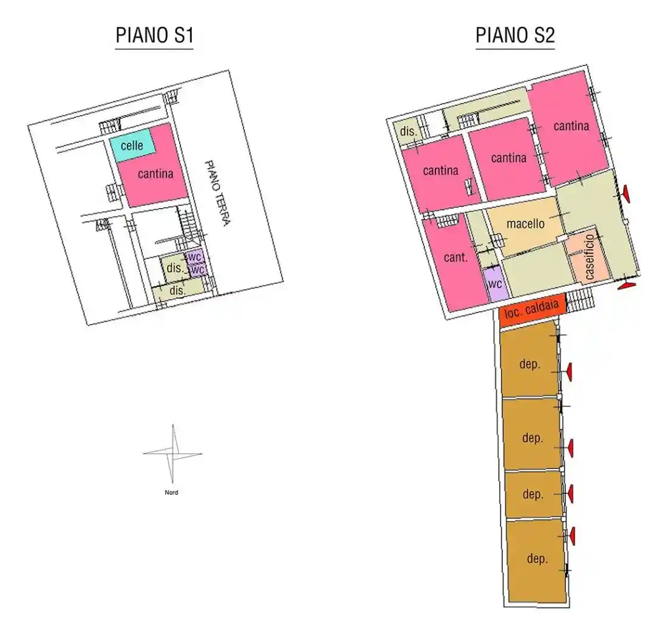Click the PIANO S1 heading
(x=155, y=35)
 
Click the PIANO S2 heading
(x=515, y=35)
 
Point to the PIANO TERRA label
(x=217, y=194)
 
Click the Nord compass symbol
(x=172, y=454)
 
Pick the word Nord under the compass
(x=171, y=493)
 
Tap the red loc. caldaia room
(x=532, y=309)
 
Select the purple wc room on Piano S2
(x=495, y=283)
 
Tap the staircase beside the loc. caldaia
(x=580, y=300)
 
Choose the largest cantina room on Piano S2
(x=570, y=127)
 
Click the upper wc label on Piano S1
(x=194, y=257)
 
